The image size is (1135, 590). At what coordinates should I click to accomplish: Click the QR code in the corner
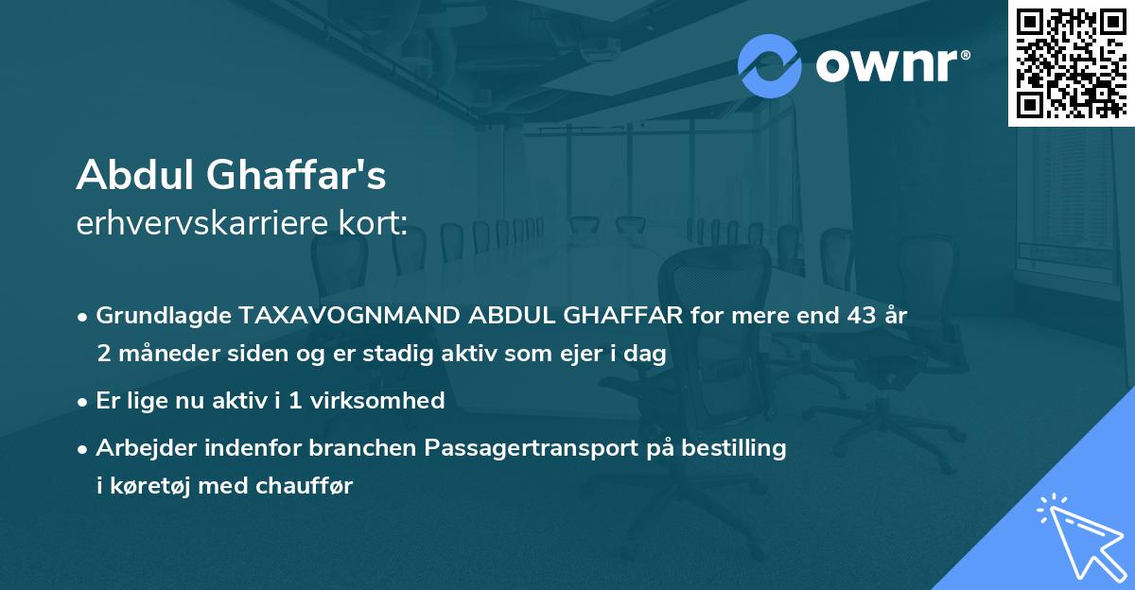click(x=1072, y=62)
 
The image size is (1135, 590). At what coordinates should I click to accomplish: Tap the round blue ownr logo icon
click(x=769, y=65)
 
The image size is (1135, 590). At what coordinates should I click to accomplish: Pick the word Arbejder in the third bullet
click(x=141, y=447)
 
